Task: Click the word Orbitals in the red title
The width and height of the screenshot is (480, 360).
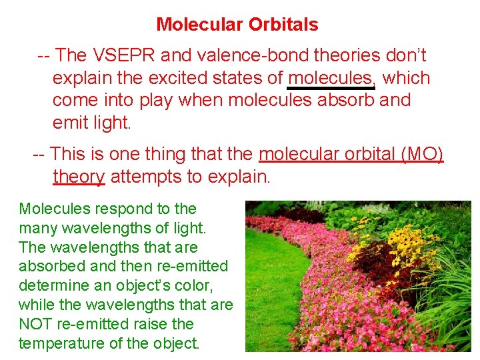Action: (x=283, y=25)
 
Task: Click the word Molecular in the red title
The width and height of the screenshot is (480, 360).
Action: (x=201, y=25)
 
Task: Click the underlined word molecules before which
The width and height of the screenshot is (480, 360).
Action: (x=331, y=78)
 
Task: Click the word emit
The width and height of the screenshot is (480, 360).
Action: (x=67, y=123)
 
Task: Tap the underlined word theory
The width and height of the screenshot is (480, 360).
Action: (x=79, y=177)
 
